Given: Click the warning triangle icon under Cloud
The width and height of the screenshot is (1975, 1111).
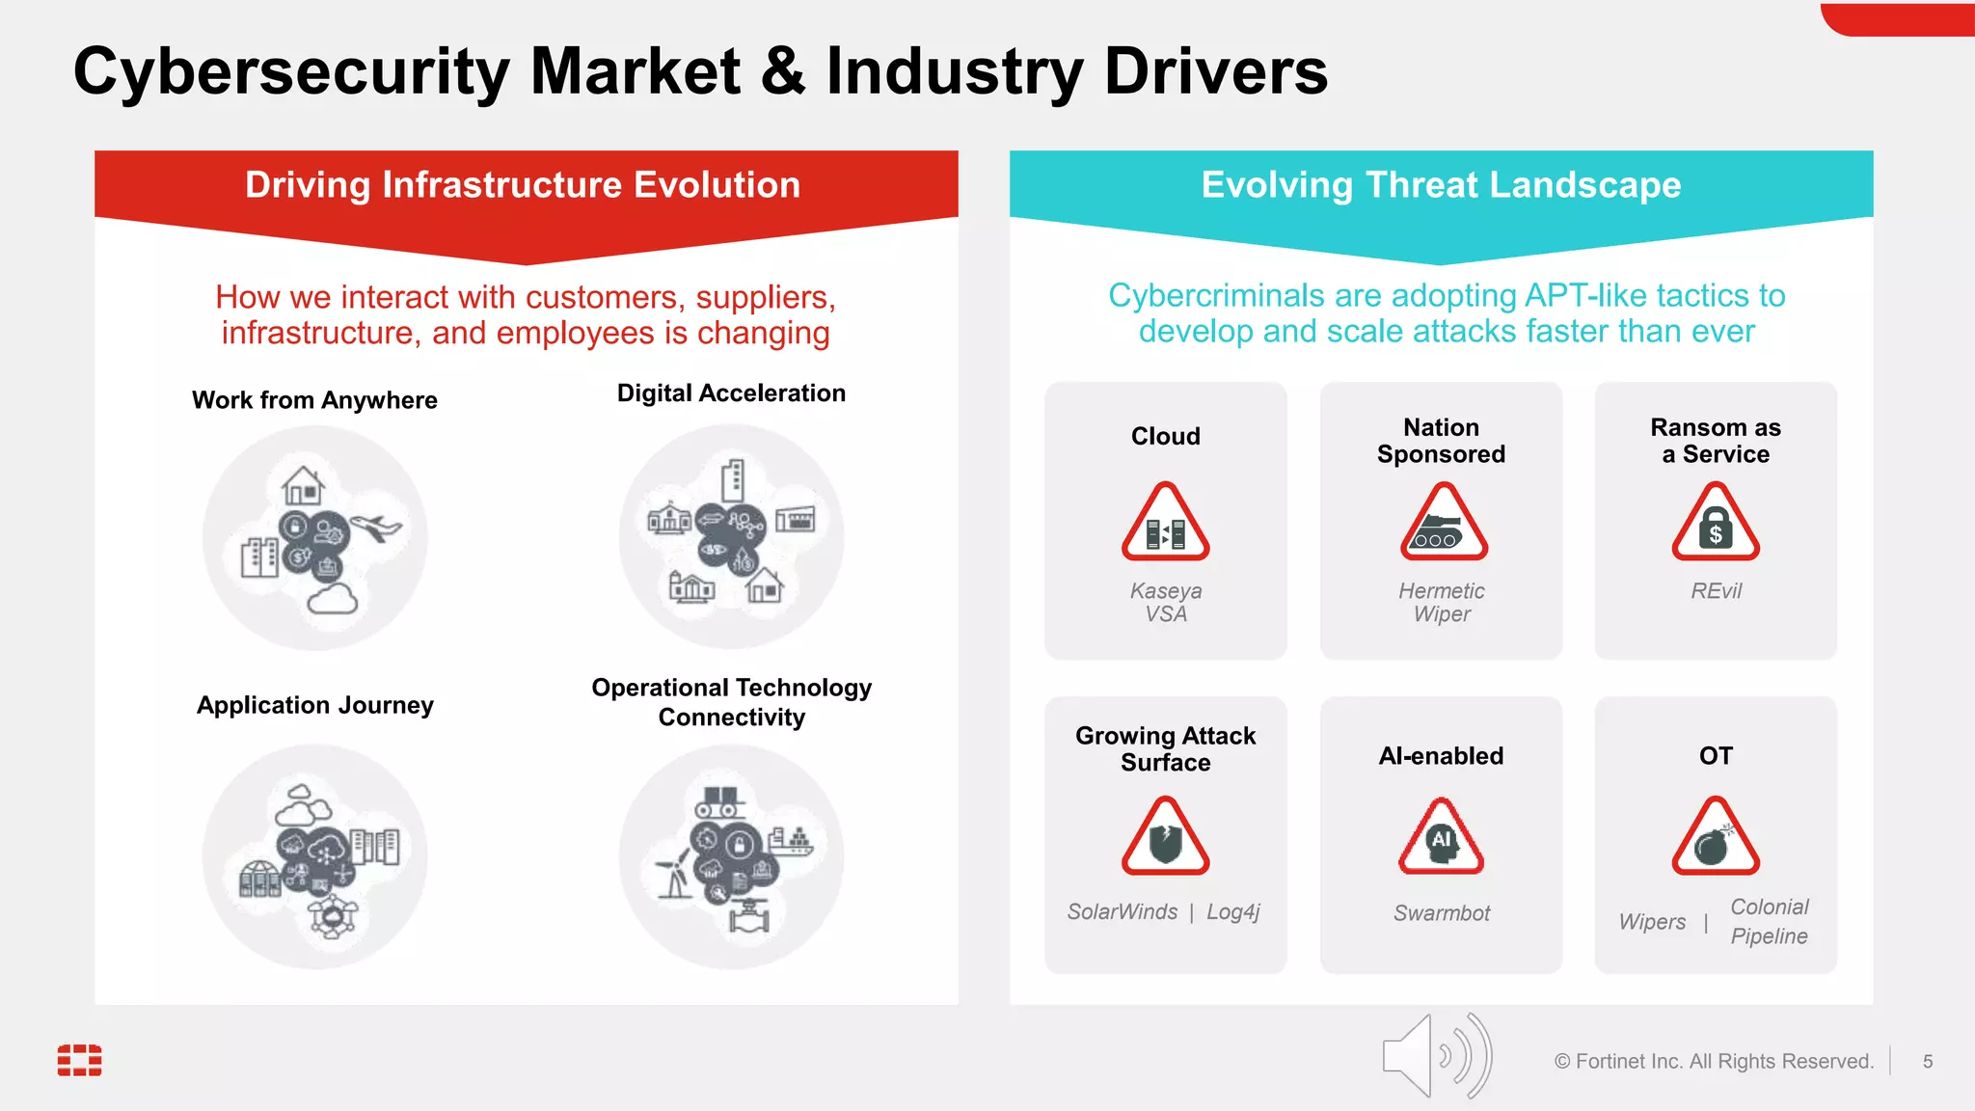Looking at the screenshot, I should click(1165, 524).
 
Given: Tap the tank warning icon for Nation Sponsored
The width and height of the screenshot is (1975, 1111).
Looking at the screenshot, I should click(1443, 524).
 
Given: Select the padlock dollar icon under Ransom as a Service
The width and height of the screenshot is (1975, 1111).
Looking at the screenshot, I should click(1716, 524).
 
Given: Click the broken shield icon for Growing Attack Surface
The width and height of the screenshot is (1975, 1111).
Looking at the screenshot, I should click(1165, 837).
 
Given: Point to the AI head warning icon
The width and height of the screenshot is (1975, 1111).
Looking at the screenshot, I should click(1441, 837).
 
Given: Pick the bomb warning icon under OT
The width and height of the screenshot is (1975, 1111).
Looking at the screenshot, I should click(1716, 837).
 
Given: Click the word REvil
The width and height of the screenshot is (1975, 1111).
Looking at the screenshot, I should click(1716, 591).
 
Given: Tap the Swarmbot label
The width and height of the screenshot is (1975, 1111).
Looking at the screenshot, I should click(1441, 913).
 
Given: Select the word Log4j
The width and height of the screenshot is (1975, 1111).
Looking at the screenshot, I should click(1233, 912).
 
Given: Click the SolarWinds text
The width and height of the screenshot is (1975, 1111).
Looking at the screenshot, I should click(1123, 912).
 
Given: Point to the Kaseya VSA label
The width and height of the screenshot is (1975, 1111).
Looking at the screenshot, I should click(1166, 603).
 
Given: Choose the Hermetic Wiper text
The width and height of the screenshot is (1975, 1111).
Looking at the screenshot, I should click(1442, 603).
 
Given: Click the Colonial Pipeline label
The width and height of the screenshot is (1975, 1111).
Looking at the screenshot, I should click(1769, 921).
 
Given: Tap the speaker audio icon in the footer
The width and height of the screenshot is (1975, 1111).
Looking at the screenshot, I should click(1436, 1056).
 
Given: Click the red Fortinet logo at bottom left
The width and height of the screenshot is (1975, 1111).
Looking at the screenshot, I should click(80, 1060).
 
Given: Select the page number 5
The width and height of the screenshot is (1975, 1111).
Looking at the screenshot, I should click(1928, 1062).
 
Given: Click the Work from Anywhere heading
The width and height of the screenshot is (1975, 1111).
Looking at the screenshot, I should click(314, 400).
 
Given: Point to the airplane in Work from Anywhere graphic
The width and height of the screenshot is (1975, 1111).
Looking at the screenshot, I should click(377, 527).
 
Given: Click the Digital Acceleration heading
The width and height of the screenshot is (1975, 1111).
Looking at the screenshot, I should click(731, 393).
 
